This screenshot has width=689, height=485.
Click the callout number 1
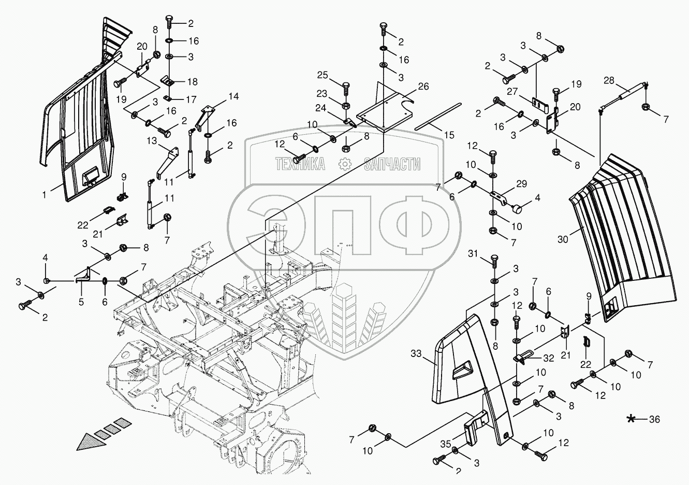point(45,195)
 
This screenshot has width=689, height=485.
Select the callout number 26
point(423,87)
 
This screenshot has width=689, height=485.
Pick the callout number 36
point(654,420)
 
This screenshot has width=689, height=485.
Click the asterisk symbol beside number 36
point(632,419)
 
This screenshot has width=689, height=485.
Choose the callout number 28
point(609,80)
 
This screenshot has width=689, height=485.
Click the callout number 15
point(449,135)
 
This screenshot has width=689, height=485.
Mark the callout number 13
point(151,140)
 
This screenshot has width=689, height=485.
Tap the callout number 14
point(234,96)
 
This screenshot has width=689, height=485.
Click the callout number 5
point(81,301)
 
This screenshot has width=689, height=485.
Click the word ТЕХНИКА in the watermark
point(300,164)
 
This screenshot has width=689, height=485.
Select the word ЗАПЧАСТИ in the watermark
point(392,164)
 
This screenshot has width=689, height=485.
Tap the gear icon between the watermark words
point(344,164)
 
